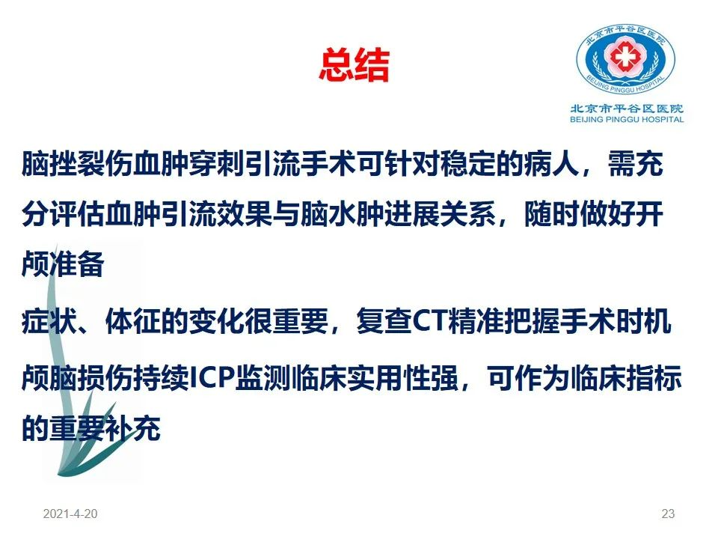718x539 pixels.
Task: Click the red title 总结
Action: coord(354,66)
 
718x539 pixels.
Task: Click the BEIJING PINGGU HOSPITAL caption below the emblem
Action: coord(627,120)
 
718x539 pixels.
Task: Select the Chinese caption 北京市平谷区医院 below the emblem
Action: coord(627,109)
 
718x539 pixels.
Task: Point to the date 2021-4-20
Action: coord(70,514)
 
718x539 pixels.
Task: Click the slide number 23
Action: coord(668,514)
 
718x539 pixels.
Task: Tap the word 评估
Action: coord(77,214)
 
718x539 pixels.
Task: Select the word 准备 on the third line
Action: coord(77,264)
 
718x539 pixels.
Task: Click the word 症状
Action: coord(49,321)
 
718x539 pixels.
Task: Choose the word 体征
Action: coord(133,321)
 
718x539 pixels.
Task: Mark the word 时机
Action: coord(643,321)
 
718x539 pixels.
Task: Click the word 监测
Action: coord(263,379)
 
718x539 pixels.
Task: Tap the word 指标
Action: coord(654,379)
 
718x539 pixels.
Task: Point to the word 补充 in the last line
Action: coord(133,428)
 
